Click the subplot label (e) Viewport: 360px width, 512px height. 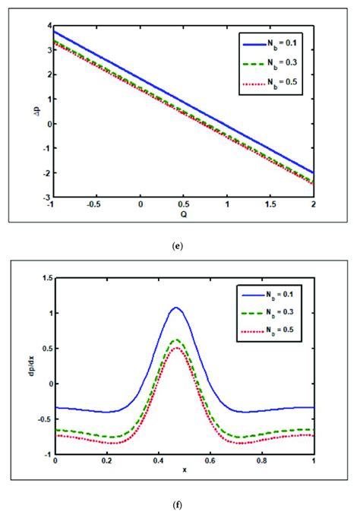[x=180, y=245]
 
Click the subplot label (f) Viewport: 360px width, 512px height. [x=180, y=502]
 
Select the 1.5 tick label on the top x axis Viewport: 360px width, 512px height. [x=270, y=204]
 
